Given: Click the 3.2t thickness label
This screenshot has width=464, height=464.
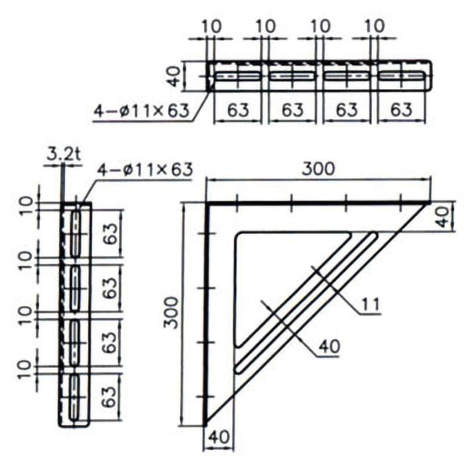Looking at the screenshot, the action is [x=64, y=155].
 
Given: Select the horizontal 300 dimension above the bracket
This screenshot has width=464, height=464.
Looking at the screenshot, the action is [x=318, y=169].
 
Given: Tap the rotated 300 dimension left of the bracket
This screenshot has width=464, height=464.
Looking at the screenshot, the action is [x=171, y=313].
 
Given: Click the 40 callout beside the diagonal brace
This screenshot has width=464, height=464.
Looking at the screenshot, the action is [x=329, y=346].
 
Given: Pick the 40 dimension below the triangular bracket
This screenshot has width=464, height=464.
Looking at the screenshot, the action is [x=219, y=437].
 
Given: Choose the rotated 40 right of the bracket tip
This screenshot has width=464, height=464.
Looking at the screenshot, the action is [x=443, y=217].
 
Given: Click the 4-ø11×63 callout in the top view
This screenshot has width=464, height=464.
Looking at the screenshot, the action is [x=142, y=111].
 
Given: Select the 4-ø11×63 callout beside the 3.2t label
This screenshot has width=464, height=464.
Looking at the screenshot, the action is [x=146, y=169].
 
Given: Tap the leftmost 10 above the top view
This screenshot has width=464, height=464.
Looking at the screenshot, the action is [x=212, y=26].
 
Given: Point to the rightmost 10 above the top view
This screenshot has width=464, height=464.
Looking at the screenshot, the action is [x=375, y=26].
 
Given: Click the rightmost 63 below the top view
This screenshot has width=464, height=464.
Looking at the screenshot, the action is [x=401, y=110].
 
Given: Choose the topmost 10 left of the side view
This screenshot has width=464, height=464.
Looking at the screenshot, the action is [x=27, y=206].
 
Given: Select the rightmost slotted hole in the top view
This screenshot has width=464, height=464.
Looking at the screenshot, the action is [x=401, y=76].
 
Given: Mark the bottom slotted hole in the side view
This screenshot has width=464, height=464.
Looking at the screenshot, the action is [x=75, y=397].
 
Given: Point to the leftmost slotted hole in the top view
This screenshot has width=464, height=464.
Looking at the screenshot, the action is [x=238, y=76].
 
